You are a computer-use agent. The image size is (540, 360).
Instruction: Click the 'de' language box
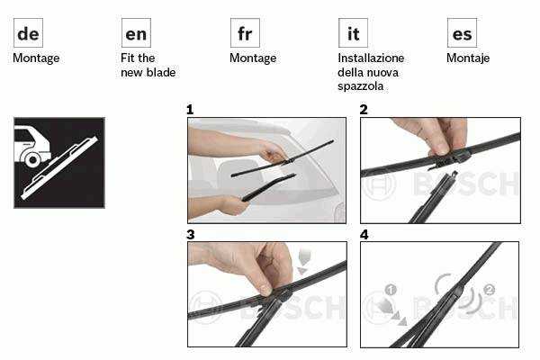click(28, 32)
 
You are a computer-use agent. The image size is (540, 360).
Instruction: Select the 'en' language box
click(136, 32)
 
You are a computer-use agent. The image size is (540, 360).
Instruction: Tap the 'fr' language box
click(245, 32)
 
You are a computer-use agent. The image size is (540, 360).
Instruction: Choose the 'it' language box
click(353, 32)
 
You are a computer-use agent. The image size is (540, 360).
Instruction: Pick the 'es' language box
click(462, 32)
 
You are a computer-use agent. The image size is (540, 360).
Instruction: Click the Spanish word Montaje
click(468, 58)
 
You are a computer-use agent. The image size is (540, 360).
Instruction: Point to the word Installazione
click(371, 58)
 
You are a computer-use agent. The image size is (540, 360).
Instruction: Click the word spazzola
click(360, 86)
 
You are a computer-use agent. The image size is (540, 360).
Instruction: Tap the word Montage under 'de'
click(36, 58)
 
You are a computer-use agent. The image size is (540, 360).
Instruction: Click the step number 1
click(190, 110)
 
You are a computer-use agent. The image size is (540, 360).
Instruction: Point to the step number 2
click(364, 110)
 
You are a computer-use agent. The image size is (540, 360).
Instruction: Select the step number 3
click(191, 235)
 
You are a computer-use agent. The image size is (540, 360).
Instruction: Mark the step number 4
click(364, 235)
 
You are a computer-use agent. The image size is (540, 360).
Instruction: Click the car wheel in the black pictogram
click(33, 160)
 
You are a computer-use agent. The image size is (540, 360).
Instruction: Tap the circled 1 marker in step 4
click(391, 290)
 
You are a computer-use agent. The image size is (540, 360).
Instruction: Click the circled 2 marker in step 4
click(490, 290)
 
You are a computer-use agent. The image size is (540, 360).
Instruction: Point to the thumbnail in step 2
click(440, 149)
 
